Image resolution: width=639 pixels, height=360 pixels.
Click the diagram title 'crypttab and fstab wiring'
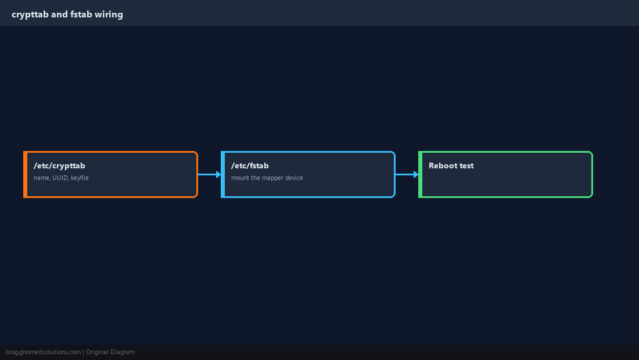coord(67,15)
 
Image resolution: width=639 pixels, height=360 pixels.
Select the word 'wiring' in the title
coord(109,15)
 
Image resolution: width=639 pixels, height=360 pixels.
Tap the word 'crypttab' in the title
coord(30,15)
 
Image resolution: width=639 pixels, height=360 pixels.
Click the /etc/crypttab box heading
coord(59,165)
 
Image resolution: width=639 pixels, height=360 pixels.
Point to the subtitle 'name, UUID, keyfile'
coord(61,178)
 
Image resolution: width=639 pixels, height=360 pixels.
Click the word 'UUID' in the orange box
coord(60,178)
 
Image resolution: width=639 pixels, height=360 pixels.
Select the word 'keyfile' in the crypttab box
coord(80,178)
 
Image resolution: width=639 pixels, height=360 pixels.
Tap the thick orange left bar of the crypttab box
coord(25,174)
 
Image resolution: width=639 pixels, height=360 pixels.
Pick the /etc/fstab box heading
coord(250,165)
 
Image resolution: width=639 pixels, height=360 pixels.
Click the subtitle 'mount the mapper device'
coord(267,178)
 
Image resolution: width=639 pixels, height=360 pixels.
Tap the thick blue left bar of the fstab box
coord(222,174)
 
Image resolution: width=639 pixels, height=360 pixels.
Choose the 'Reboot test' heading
coord(451,165)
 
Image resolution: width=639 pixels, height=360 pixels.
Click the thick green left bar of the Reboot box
coord(420,174)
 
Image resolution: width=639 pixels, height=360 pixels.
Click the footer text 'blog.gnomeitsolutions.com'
coord(43,352)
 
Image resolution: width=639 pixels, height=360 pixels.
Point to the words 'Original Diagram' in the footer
coord(110,352)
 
